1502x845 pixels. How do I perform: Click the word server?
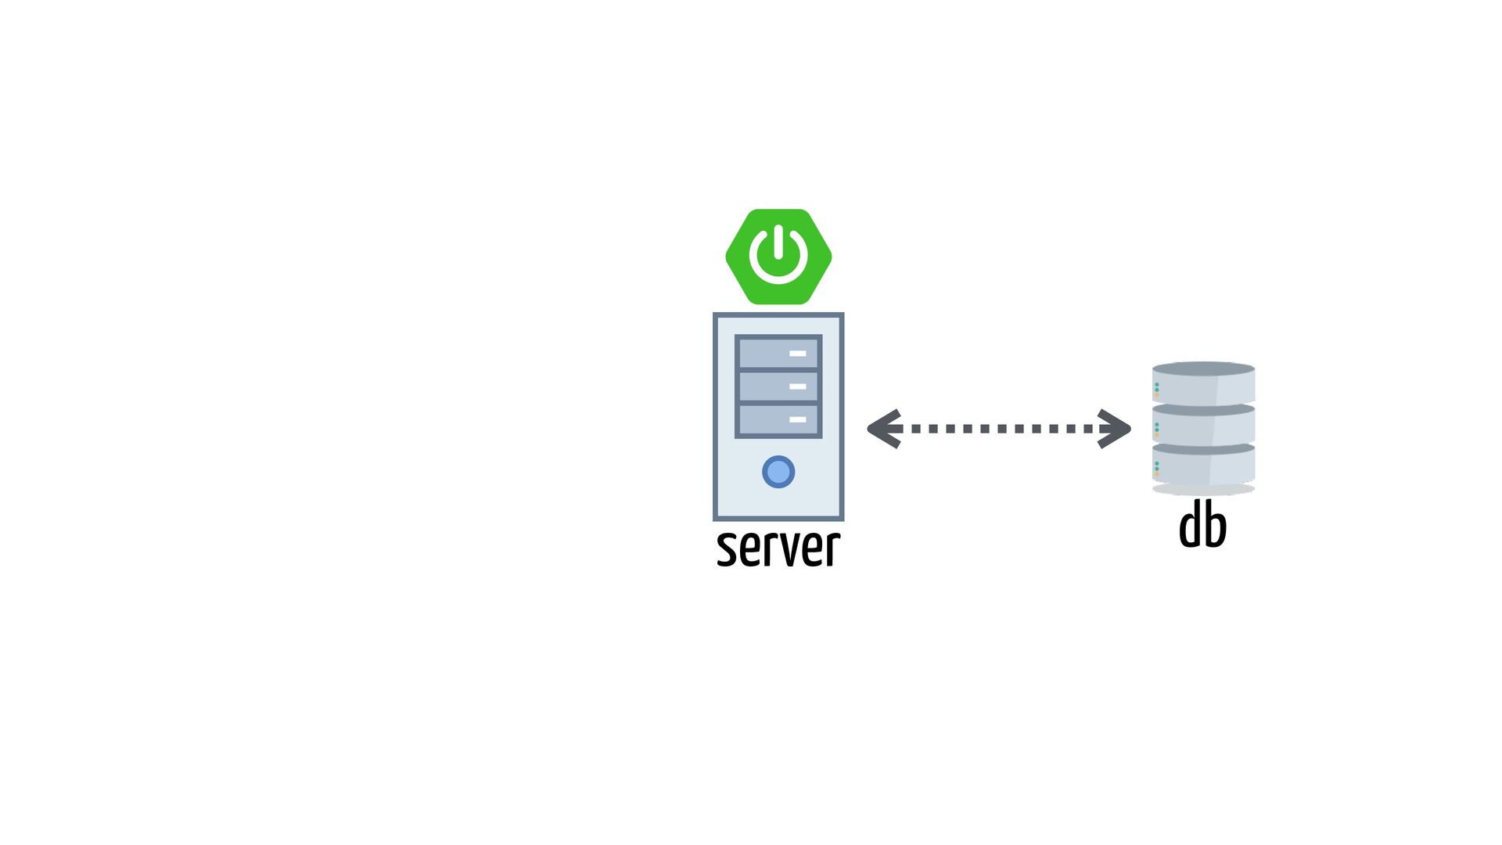tap(778, 548)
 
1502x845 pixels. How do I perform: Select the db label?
tap(1202, 526)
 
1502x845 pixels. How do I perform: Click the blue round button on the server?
tap(778, 472)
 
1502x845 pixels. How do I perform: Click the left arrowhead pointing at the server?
tap(885, 429)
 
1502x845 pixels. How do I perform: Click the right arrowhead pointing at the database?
tap(1114, 429)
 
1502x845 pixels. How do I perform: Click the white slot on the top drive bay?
tap(797, 354)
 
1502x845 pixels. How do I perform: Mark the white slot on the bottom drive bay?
tap(797, 420)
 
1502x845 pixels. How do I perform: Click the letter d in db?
tap(1190, 526)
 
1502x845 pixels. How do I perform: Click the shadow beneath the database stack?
tap(1203, 490)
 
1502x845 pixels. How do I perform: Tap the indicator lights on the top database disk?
tap(1157, 389)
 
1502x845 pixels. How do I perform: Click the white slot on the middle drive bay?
tap(797, 387)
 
